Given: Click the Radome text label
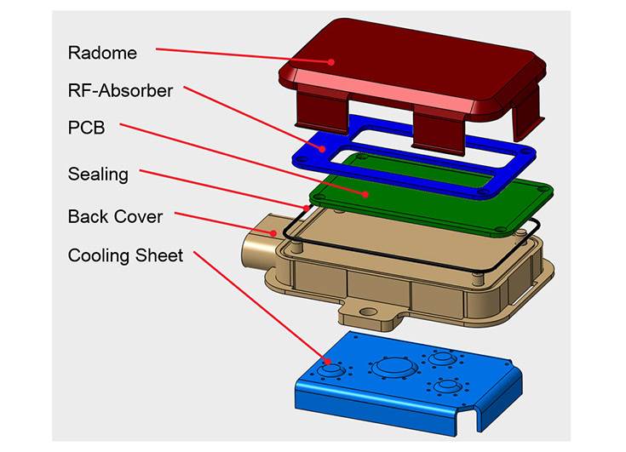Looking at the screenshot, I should click(102, 53).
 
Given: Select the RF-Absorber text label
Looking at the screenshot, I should click(120, 90).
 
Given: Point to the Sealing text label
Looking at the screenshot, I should click(98, 175).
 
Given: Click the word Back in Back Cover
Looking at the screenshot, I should click(87, 216).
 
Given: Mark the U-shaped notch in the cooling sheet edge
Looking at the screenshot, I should click(466, 416).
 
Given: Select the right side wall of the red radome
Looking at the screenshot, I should click(528, 111).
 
